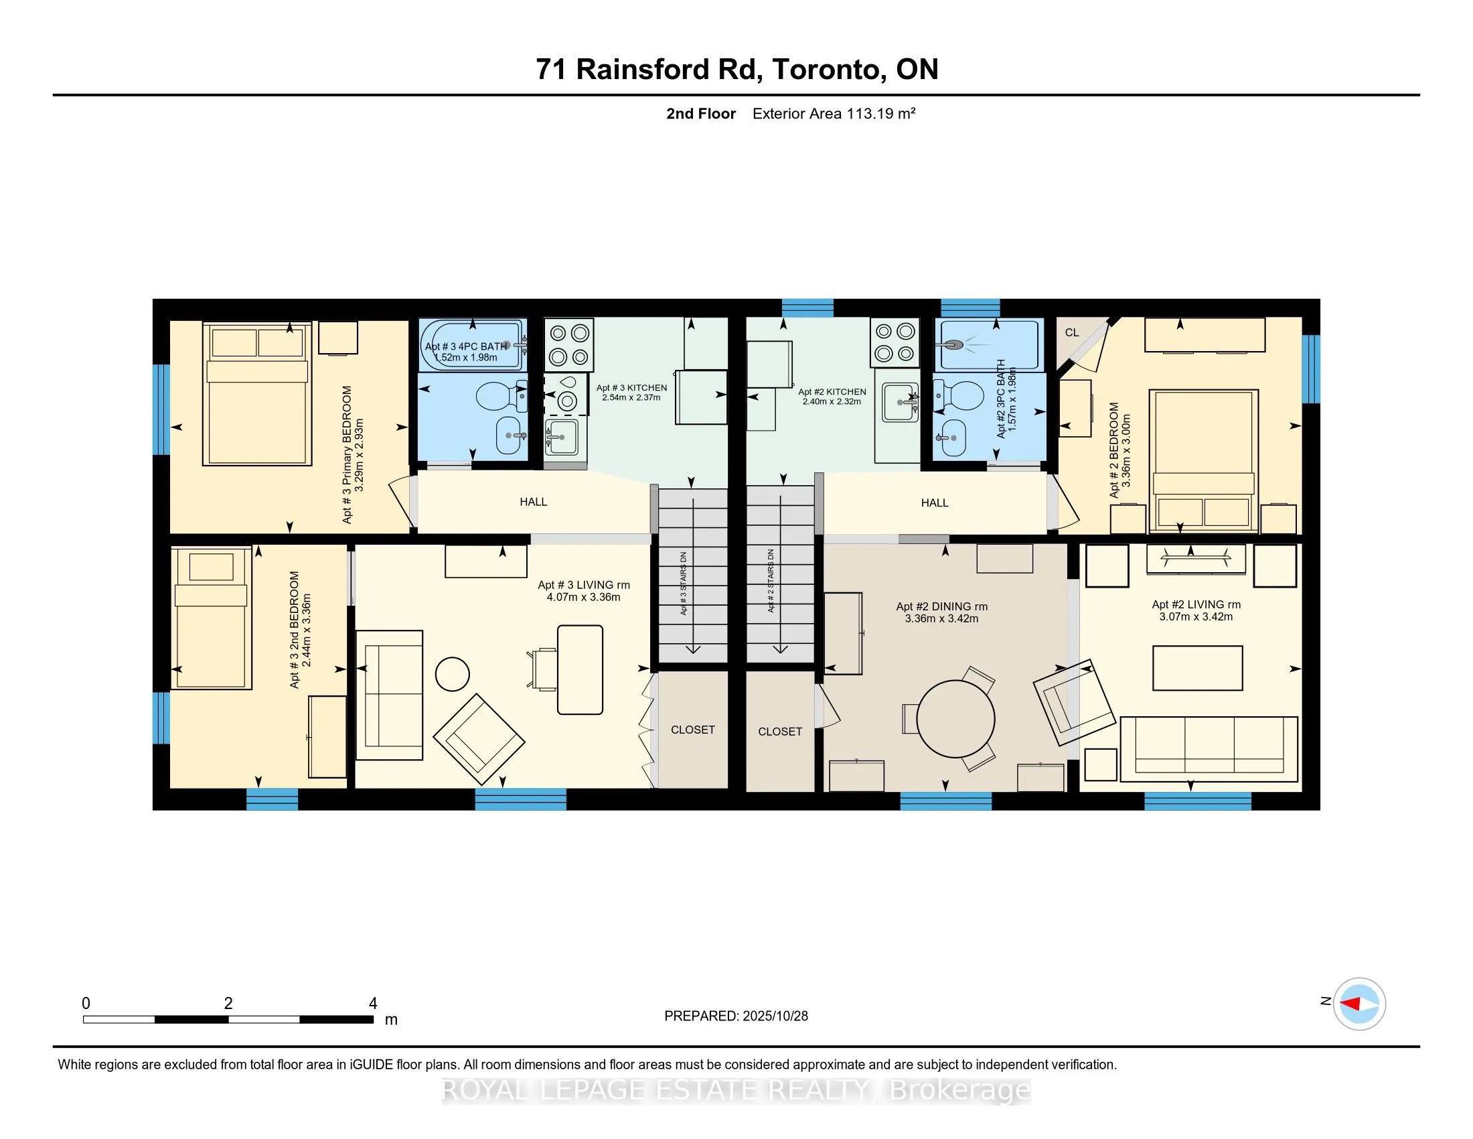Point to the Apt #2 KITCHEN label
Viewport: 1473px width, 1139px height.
point(832,391)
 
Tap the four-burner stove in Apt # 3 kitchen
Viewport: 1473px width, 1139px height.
point(568,344)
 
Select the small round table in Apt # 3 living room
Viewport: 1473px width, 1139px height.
point(452,674)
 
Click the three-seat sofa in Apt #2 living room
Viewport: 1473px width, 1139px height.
point(1209,749)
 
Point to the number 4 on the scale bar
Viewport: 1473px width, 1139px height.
point(373,1004)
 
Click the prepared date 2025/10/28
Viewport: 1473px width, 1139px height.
point(774,1016)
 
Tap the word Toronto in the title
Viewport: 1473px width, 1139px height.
point(829,70)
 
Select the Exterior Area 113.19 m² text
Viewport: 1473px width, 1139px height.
point(834,113)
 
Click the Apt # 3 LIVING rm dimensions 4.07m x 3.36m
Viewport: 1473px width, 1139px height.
point(583,597)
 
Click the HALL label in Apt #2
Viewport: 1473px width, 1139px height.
point(934,503)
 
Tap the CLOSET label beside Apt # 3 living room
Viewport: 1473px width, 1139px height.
point(693,730)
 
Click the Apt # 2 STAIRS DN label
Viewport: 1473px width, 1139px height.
point(771,580)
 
